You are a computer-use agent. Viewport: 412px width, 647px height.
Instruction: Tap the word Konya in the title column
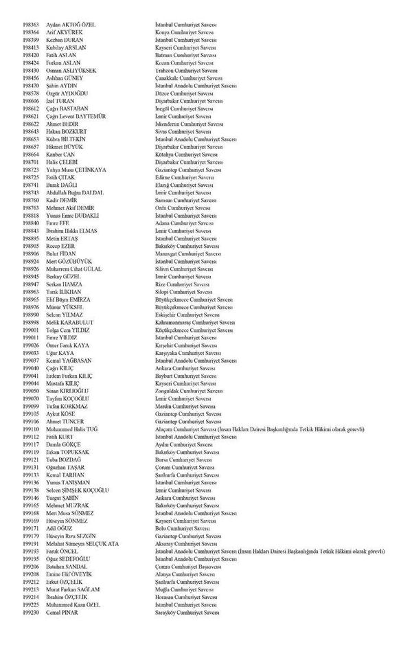[163, 33]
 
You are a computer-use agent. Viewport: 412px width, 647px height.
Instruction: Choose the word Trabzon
[165, 71]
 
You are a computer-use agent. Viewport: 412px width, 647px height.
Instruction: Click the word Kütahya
[165, 155]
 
